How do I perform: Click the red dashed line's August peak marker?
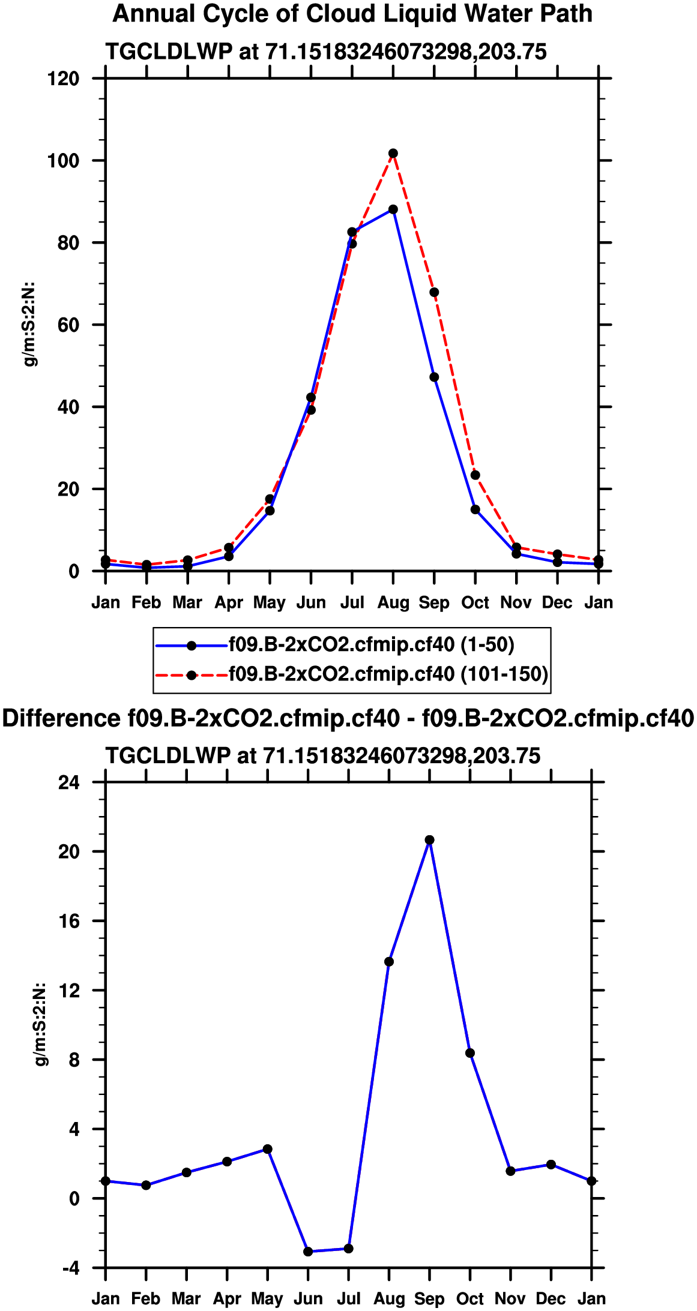point(393,154)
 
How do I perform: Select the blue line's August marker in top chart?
point(393,209)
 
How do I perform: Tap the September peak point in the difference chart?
point(429,840)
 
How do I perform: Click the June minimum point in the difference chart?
point(308,1252)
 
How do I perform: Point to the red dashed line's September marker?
point(434,292)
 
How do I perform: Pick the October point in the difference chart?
point(470,1053)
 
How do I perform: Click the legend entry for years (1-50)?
point(371,645)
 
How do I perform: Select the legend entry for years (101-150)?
point(388,674)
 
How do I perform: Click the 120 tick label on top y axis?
point(63,79)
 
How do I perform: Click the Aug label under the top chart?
point(393,602)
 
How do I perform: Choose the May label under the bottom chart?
point(267,1299)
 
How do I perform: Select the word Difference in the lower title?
point(61,718)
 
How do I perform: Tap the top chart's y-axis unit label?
point(28,324)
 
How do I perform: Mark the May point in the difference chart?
point(268,1149)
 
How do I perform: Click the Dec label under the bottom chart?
point(551,1299)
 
